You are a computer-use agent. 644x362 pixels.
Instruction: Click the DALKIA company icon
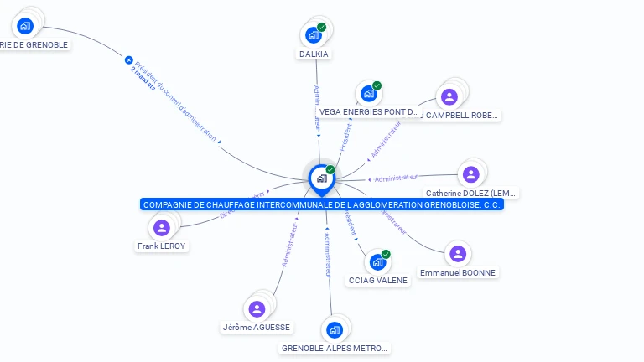[x=313, y=35]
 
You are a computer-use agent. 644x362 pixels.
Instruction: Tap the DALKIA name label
[x=314, y=54]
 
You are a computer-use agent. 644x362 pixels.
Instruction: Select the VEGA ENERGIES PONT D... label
[x=368, y=111]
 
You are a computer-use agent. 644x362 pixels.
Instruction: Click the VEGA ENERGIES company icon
[x=368, y=94]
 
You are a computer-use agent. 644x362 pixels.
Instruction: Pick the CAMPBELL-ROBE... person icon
[x=449, y=96]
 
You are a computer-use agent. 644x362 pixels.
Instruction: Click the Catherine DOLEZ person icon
[x=470, y=174]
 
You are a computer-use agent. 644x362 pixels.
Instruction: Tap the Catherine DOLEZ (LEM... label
[x=470, y=194]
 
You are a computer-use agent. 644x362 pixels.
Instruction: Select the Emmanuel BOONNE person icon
[x=457, y=254]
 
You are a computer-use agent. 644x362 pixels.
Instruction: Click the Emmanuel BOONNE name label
[x=458, y=273]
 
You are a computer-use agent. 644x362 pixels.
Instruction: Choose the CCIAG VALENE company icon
[x=377, y=262]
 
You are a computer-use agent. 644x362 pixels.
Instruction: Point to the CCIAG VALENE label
[x=377, y=281]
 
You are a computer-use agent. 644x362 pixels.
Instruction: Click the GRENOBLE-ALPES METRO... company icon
[x=335, y=329]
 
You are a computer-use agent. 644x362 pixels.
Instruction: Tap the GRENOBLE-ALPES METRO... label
[x=335, y=348]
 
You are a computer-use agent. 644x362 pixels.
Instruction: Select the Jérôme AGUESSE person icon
[x=257, y=308]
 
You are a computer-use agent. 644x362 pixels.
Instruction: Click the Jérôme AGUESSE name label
[x=257, y=328]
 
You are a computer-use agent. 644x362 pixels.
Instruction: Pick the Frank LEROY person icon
[x=162, y=228]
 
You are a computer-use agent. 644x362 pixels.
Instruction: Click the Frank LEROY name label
[x=162, y=246]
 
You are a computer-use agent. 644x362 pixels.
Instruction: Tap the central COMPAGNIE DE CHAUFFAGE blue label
[x=322, y=204]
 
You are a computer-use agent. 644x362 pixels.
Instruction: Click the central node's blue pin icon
[x=321, y=178]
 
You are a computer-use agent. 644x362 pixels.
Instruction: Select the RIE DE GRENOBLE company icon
[x=25, y=26]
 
